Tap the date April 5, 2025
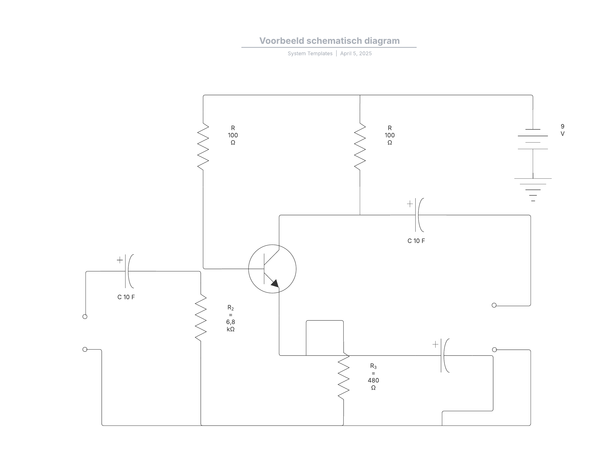(x=356, y=54)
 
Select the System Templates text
(x=310, y=54)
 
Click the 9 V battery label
(x=562, y=130)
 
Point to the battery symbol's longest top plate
(x=533, y=136)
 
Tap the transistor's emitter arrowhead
(x=275, y=283)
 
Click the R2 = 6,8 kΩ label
(x=231, y=318)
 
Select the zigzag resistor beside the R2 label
(x=201, y=318)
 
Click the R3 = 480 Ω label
(x=373, y=377)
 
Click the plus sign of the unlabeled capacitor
(x=435, y=344)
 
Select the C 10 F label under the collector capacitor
(x=416, y=241)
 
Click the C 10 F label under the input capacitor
(x=126, y=297)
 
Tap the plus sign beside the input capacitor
(x=120, y=260)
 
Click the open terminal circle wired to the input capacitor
(x=85, y=316)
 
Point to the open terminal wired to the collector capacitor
(x=494, y=305)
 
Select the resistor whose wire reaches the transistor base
(x=203, y=146)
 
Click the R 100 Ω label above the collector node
(x=389, y=135)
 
